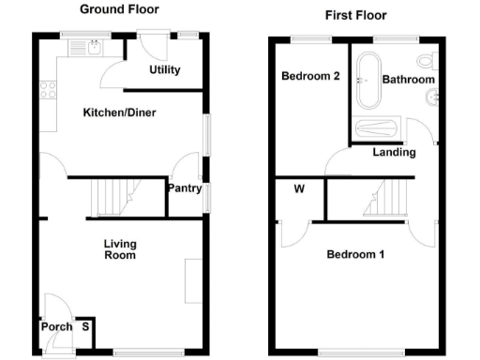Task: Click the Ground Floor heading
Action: [119, 9]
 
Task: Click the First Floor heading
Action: [355, 15]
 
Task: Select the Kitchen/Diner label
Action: [119, 112]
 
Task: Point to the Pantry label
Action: [184, 188]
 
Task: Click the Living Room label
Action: [119, 248]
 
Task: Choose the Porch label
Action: [55, 327]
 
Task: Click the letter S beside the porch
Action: [85, 327]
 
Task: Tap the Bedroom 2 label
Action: [309, 78]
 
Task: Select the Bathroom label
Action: [409, 81]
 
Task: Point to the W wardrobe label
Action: [299, 188]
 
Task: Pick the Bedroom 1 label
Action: [354, 255]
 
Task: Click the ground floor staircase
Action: [113, 197]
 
